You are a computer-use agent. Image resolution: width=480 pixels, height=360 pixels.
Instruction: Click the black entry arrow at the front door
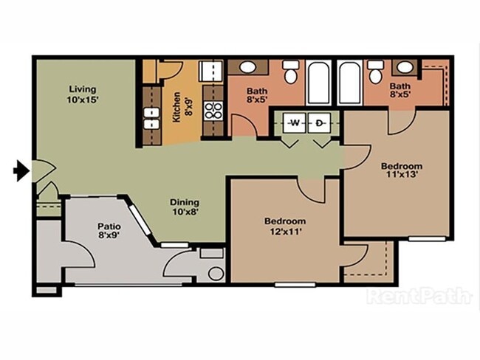coord(21,172)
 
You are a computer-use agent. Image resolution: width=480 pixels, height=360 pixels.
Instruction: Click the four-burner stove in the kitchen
coord(213,111)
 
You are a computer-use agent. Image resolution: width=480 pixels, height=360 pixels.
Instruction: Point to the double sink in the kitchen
coord(151,119)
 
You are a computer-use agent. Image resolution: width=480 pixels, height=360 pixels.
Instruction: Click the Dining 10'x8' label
coord(185,207)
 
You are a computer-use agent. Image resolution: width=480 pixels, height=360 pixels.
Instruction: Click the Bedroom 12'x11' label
coord(285,226)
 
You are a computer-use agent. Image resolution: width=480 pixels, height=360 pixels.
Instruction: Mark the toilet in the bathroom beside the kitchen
coord(291,75)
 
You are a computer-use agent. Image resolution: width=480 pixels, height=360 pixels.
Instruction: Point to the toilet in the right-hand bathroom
coord(376,74)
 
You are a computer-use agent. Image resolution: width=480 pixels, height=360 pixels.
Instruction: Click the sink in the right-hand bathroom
coord(404,68)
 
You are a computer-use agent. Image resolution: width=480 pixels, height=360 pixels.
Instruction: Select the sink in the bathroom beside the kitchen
coord(247,68)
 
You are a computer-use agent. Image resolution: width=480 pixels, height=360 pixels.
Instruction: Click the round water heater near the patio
coord(216,274)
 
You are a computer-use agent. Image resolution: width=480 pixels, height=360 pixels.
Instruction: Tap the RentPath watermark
coord(419,297)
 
